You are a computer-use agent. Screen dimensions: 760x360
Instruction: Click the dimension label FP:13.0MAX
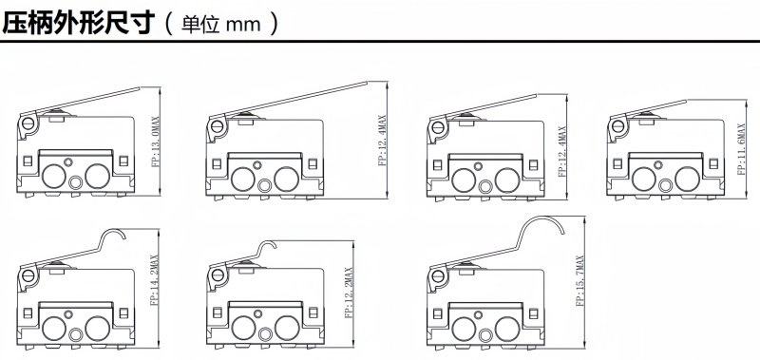[156, 141]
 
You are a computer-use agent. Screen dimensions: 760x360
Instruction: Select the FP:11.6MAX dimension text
[741, 149]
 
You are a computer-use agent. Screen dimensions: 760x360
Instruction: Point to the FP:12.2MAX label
[349, 293]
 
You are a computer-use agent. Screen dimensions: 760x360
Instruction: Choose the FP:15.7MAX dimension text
[580, 280]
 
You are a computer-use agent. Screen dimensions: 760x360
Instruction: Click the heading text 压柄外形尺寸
[79, 23]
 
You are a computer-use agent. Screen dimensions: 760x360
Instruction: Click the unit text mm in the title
[244, 25]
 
